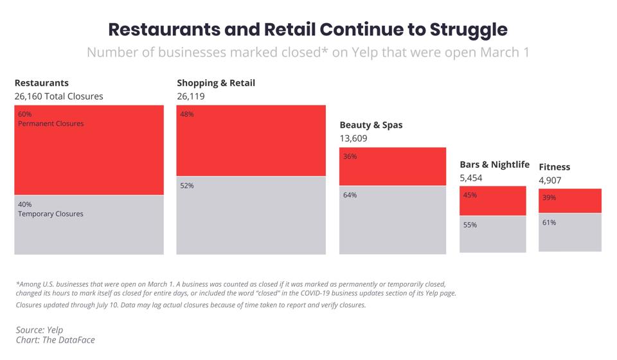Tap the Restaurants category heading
(x=41, y=83)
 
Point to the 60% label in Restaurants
(x=25, y=114)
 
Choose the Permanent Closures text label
(x=51, y=123)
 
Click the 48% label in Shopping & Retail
(x=187, y=114)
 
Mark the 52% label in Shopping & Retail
(x=187, y=186)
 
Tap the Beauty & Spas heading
(x=371, y=125)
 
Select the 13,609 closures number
(x=355, y=138)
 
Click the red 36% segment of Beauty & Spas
(x=392, y=166)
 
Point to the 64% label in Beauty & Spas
(x=350, y=195)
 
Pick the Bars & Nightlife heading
(x=494, y=165)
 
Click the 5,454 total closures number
(x=470, y=178)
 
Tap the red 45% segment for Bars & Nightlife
(x=492, y=201)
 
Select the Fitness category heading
(x=554, y=167)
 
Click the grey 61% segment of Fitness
(x=569, y=232)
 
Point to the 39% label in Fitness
(x=549, y=198)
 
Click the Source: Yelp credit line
(x=40, y=330)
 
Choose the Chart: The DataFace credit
(x=55, y=339)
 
